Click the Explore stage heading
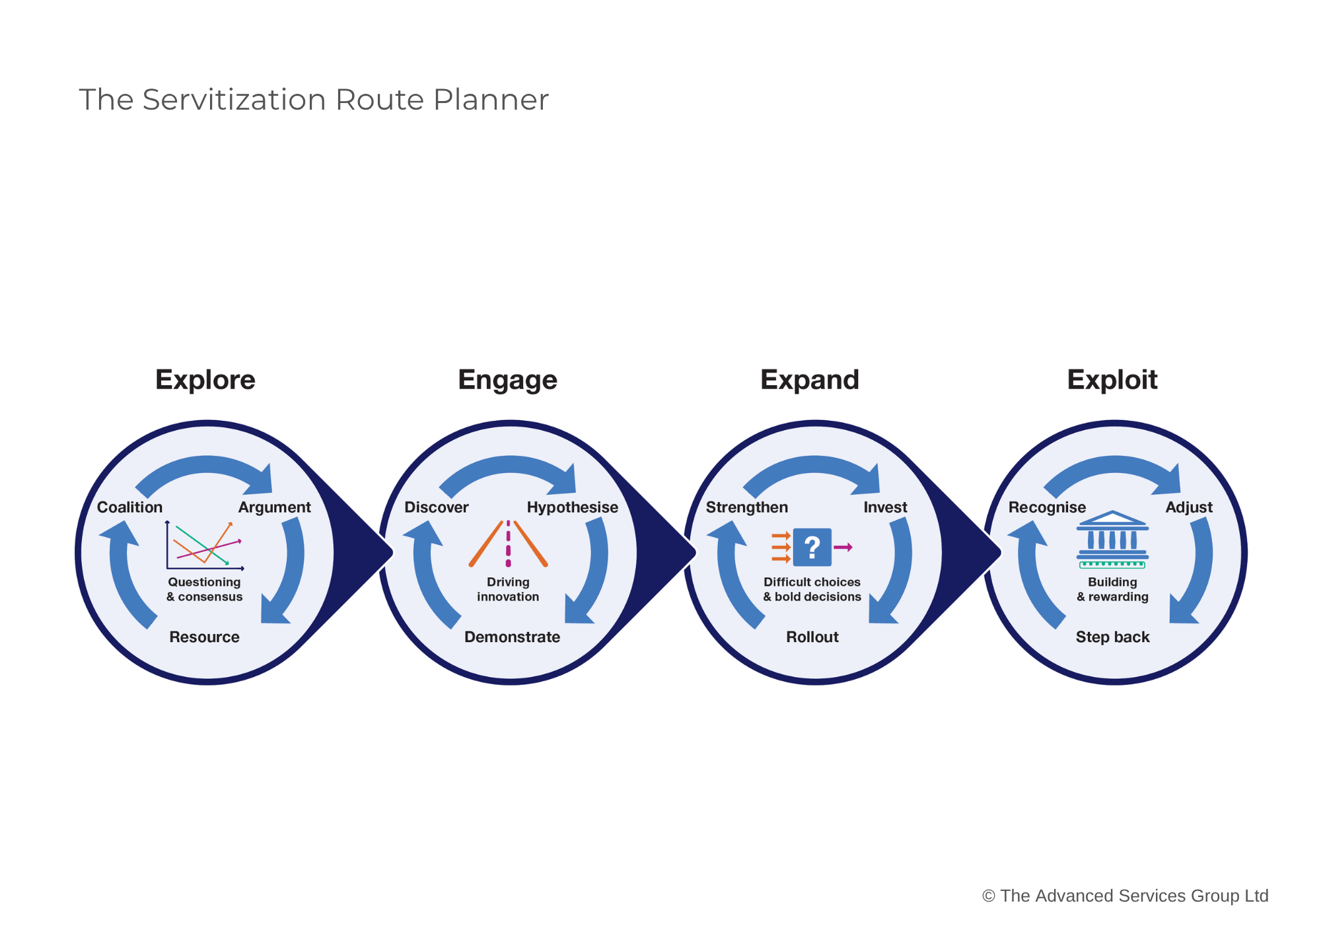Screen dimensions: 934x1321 point(205,380)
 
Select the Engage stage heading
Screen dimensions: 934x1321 point(507,380)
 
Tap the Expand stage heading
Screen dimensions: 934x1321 point(809,380)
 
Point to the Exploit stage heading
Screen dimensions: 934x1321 point(1112,380)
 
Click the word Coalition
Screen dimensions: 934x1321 point(129,507)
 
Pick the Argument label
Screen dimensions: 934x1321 point(274,507)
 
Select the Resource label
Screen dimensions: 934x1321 point(204,637)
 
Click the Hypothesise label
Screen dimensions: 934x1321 point(572,507)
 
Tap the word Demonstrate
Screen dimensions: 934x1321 point(512,637)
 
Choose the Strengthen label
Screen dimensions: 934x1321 point(746,507)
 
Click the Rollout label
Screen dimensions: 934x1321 point(812,637)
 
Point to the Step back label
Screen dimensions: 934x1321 point(1112,637)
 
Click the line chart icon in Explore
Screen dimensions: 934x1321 point(205,545)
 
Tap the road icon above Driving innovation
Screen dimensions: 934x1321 point(508,544)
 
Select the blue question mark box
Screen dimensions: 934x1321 point(812,547)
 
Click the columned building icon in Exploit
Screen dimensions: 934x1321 point(1112,539)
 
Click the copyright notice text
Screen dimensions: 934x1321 point(1125,896)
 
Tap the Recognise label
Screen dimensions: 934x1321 point(1046,507)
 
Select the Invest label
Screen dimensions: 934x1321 point(885,507)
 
